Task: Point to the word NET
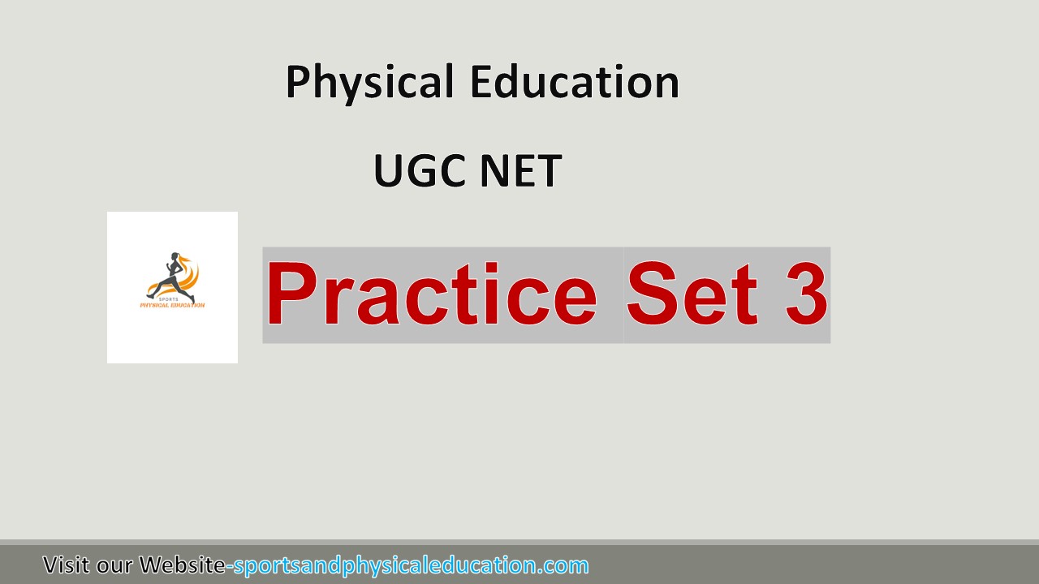[x=519, y=171]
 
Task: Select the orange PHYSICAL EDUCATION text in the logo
[x=172, y=305]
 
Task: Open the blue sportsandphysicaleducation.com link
[x=411, y=565]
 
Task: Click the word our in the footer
[x=114, y=565]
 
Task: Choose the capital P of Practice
[x=290, y=294]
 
